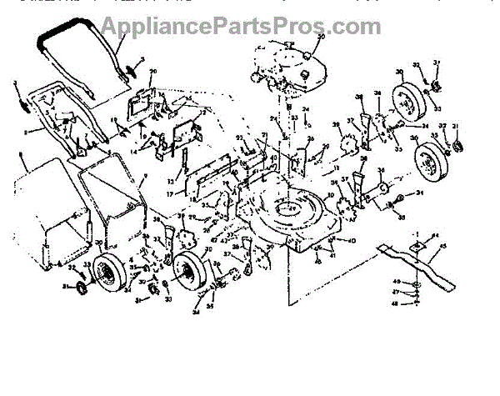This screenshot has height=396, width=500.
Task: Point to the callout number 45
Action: (442, 246)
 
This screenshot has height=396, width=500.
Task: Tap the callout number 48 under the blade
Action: (396, 303)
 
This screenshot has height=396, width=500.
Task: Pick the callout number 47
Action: (396, 293)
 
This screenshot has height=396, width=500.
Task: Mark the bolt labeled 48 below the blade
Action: (414, 303)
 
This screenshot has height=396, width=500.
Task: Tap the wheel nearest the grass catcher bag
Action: (107, 272)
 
